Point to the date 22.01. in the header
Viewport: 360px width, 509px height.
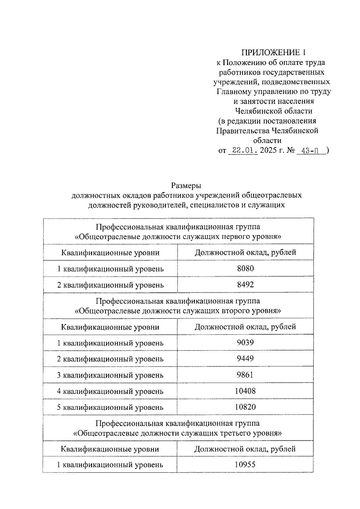(x=243, y=150)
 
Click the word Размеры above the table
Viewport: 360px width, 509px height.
(x=186, y=186)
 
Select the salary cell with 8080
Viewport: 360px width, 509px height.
(x=245, y=268)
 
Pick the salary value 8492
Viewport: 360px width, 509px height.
(x=245, y=284)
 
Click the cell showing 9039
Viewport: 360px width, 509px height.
(x=245, y=343)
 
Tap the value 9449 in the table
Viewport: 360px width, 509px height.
(x=245, y=359)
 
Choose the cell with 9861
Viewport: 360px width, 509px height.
(x=245, y=375)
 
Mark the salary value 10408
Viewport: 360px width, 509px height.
(x=245, y=391)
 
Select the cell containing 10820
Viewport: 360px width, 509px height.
(x=245, y=407)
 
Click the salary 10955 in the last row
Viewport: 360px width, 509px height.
(x=245, y=465)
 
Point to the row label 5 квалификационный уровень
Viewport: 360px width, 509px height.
(x=110, y=407)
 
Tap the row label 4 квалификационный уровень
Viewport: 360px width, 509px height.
(x=110, y=391)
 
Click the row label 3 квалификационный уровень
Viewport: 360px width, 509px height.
(x=110, y=375)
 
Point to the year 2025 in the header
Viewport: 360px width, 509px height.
(x=268, y=150)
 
